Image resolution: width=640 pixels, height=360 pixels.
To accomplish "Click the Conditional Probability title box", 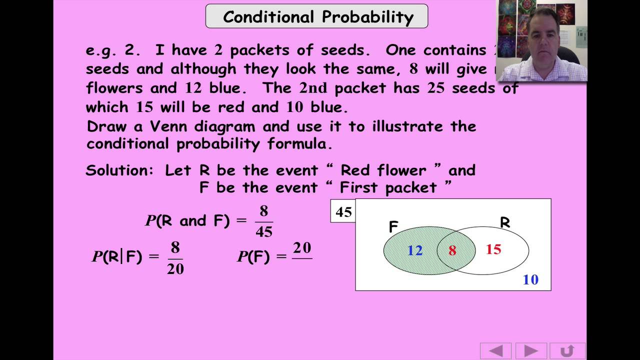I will pos(317,16).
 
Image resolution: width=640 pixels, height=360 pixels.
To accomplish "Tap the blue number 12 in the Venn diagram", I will pos(415,250).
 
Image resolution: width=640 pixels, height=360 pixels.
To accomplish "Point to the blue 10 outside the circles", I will pos(530,279).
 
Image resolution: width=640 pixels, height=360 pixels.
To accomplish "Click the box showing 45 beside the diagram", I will pos(343,212).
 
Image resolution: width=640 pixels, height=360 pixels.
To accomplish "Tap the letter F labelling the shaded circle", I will pos(393,227).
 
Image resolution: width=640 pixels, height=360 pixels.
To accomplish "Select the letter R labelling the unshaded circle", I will pos(505,222).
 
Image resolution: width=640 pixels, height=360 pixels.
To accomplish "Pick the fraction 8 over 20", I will pos(175,258).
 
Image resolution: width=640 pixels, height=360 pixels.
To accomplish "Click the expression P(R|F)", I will pos(117,257).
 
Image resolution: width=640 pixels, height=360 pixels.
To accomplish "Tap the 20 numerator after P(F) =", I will pos(302,248).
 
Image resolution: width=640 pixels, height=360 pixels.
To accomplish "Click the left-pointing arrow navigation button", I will pos(495,350).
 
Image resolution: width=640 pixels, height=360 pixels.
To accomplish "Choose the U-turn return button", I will pos(567,350).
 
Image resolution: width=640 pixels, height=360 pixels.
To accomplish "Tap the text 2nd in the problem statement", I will pos(313,88).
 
